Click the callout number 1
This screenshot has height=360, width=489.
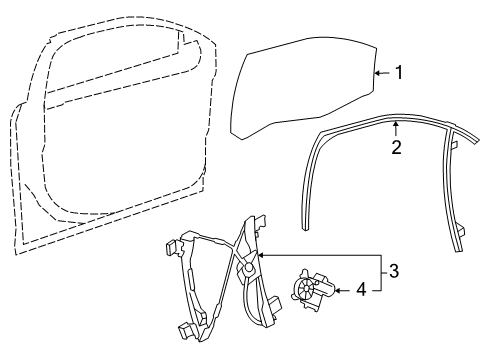399,72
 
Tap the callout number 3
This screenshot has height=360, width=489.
394,270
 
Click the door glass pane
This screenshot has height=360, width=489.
300,95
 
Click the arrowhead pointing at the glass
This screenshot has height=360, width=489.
378,72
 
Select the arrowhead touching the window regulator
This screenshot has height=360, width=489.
260,256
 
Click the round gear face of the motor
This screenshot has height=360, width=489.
304,291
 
